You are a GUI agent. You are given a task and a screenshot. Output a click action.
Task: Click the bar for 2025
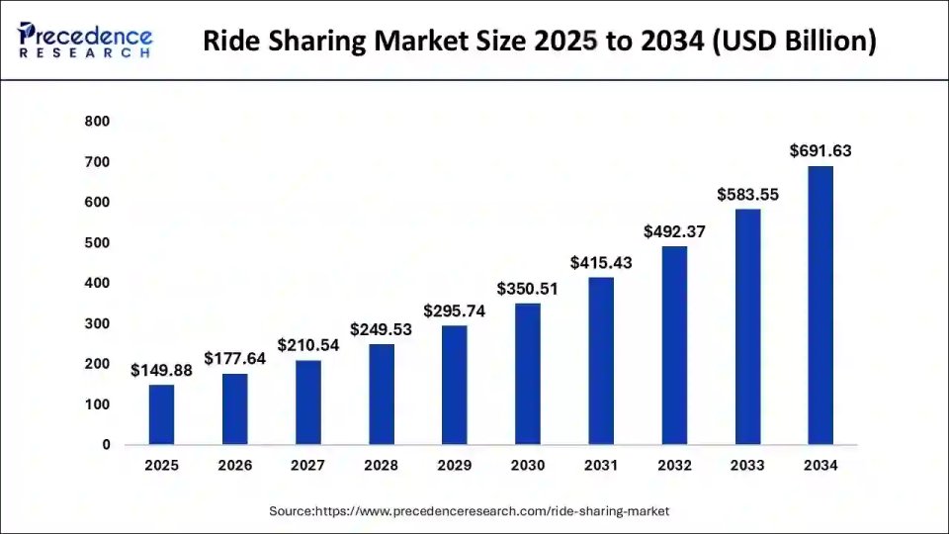(161, 414)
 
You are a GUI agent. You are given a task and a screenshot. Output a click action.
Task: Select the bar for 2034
(820, 306)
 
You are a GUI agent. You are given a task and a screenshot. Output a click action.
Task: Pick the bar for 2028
(381, 395)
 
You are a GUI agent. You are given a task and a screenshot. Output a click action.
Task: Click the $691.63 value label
(820, 151)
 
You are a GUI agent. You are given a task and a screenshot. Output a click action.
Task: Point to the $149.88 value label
(161, 370)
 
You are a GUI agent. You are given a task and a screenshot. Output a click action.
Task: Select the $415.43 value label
(601, 263)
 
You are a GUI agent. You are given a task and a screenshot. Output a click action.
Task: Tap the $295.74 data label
(454, 311)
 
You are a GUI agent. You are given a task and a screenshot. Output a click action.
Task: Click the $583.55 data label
(747, 195)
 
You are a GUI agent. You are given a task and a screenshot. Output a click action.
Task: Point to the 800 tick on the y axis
(98, 122)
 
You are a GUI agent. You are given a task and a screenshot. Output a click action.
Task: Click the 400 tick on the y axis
(98, 284)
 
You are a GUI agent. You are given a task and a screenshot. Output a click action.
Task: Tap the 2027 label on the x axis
(307, 465)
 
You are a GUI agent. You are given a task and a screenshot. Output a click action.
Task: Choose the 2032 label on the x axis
(674, 465)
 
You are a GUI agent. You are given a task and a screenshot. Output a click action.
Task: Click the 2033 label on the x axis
(747, 465)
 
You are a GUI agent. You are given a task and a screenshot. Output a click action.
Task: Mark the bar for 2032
(674, 345)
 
